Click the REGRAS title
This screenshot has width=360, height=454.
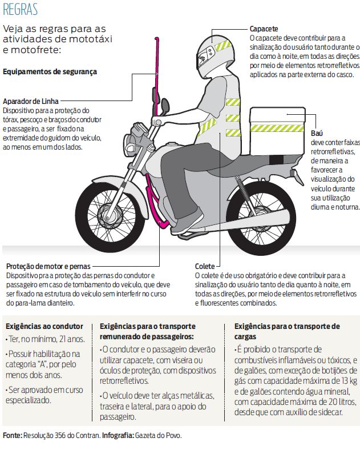pyautogui.click(x=20, y=10)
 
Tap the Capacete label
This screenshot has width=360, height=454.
pyautogui.click(x=264, y=29)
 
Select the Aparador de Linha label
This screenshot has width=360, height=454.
pyautogui.click(x=31, y=101)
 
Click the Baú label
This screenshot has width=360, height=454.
pyautogui.click(x=317, y=134)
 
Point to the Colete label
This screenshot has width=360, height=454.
pyautogui.click(x=205, y=266)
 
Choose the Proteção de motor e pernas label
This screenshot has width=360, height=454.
pyautogui.click(x=48, y=266)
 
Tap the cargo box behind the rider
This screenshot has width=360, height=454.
pyautogui.click(x=277, y=132)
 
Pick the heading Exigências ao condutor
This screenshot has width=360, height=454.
pyautogui.click(x=45, y=326)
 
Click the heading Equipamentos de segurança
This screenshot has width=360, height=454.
pyautogui.click(x=50, y=71)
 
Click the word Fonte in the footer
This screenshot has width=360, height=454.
pyautogui.click(x=13, y=436)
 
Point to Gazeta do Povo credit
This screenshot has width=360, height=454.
pyautogui.click(x=159, y=436)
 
